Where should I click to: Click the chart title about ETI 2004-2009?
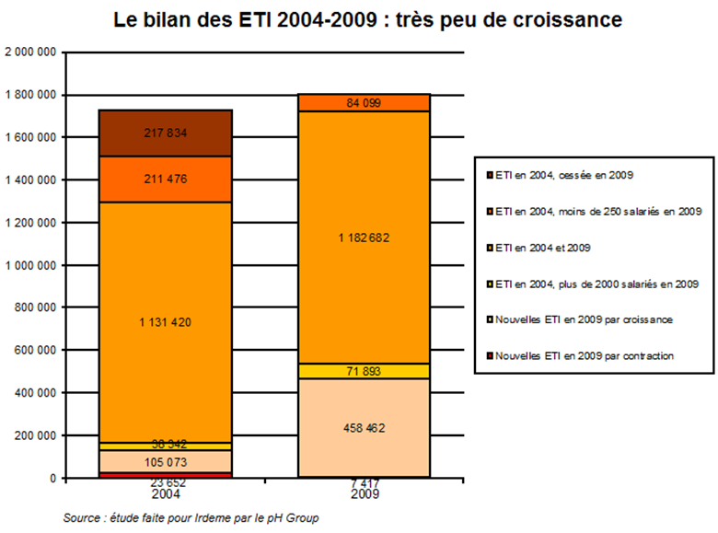pyautogui.click(x=366, y=18)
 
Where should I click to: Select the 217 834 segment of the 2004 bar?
pyautogui.click(x=167, y=133)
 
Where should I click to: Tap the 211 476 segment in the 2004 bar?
pyautogui.click(x=167, y=179)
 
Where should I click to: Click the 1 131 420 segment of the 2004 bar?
pyautogui.click(x=167, y=321)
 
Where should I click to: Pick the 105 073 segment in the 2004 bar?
pyautogui.click(x=167, y=460)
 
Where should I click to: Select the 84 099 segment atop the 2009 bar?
pyautogui.click(x=365, y=101)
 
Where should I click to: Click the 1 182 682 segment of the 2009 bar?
pyautogui.click(x=365, y=238)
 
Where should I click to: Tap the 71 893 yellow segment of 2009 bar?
pyautogui.click(x=365, y=371)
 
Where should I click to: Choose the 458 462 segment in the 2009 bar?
pyautogui.click(x=365, y=428)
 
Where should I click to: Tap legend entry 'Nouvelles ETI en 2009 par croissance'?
pyautogui.click(x=589, y=319)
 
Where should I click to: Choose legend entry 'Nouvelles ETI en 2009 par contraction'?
pyautogui.click(x=589, y=355)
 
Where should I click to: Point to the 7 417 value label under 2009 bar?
pyautogui.click(x=365, y=481)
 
